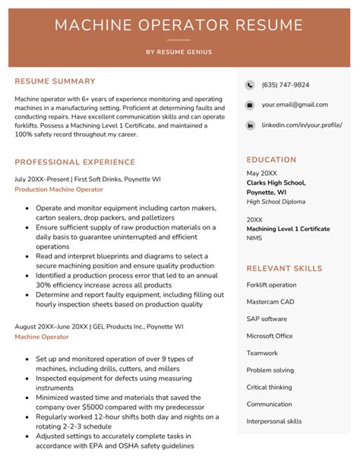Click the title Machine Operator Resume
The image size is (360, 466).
pyautogui.click(x=179, y=24)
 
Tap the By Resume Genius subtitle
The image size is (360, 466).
pyautogui.click(x=179, y=52)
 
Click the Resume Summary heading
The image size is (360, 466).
pyautogui.click(x=55, y=81)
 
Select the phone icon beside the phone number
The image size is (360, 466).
pyautogui.click(x=250, y=85)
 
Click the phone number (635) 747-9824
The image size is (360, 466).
pyautogui.click(x=285, y=85)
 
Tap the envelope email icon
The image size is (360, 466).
pyautogui.click(x=250, y=105)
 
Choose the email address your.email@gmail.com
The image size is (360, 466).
pyautogui.click(x=295, y=105)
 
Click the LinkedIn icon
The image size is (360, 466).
pyautogui.click(x=250, y=125)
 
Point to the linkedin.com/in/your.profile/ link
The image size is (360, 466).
pyautogui.click(x=302, y=125)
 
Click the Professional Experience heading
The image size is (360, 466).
pyautogui.click(x=74, y=162)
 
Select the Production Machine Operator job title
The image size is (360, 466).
pyautogui.click(x=58, y=189)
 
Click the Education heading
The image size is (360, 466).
pyautogui.click(x=271, y=160)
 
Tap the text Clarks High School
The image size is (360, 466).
pyautogui.click(x=276, y=182)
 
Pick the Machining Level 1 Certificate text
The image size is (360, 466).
pyautogui.click(x=288, y=228)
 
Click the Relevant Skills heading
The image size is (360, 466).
pyautogui.click(x=284, y=268)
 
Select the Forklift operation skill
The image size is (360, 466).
pyautogui.click(x=271, y=284)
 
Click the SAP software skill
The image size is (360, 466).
pyautogui.click(x=267, y=319)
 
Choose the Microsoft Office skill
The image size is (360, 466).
pyautogui.click(x=270, y=336)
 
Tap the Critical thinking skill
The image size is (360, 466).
pyautogui.click(x=269, y=387)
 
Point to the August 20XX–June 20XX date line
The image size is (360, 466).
pyautogui.click(x=99, y=326)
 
